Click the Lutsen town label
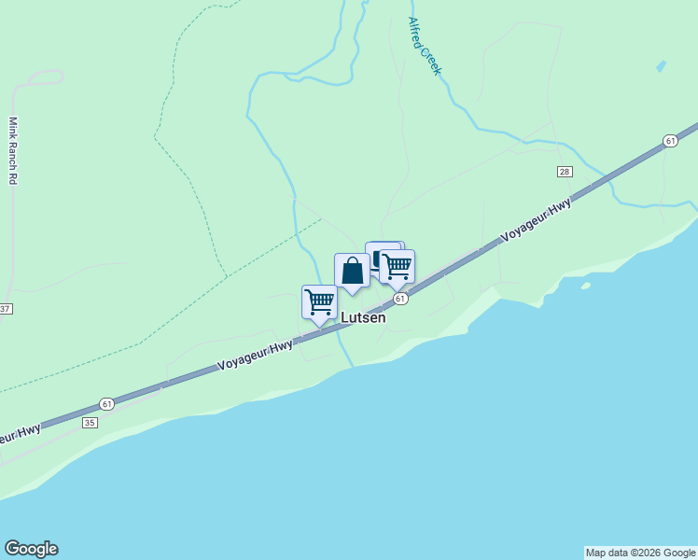pos(363,317)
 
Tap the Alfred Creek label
pos(424,47)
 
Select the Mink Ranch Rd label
pos(13,149)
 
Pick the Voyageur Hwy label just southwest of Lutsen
pos(255,353)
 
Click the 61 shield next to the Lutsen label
pos(399,299)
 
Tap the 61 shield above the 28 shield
pos(670,140)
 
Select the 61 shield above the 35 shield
pos(106,404)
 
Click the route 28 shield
pos(565,172)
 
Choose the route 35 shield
pos(90,423)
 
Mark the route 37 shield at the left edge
pos(5,309)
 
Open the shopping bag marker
pos(352,272)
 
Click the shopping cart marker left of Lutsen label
pos(319,302)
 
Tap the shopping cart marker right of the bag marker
pos(397,267)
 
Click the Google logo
pos(31,549)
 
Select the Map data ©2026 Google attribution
pos(640,553)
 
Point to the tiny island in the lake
pos(585,286)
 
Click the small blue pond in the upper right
pos(662,66)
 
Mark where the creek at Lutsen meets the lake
pos(349,365)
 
